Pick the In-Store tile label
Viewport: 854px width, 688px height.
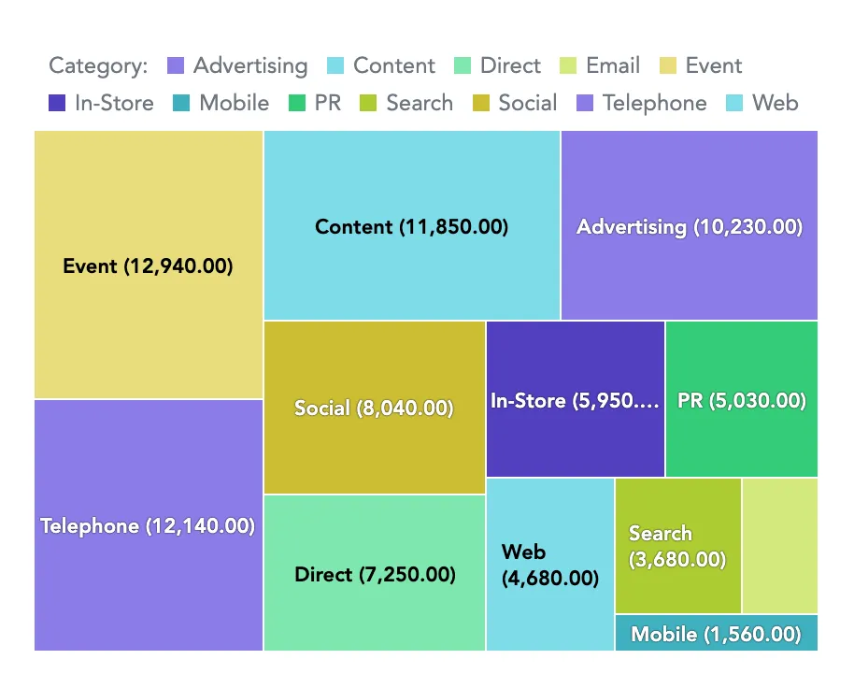[x=574, y=401]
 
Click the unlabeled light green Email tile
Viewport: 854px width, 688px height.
[x=779, y=546]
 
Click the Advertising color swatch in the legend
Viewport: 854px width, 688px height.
[x=176, y=66]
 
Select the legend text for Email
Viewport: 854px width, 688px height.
[x=613, y=66]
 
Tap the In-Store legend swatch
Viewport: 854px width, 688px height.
[x=57, y=104]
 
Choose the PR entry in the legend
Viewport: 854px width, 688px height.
[x=328, y=104]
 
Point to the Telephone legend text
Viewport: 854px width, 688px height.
[x=654, y=104]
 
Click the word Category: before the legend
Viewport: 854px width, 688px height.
[x=98, y=66]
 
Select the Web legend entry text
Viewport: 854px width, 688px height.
[x=775, y=104]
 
